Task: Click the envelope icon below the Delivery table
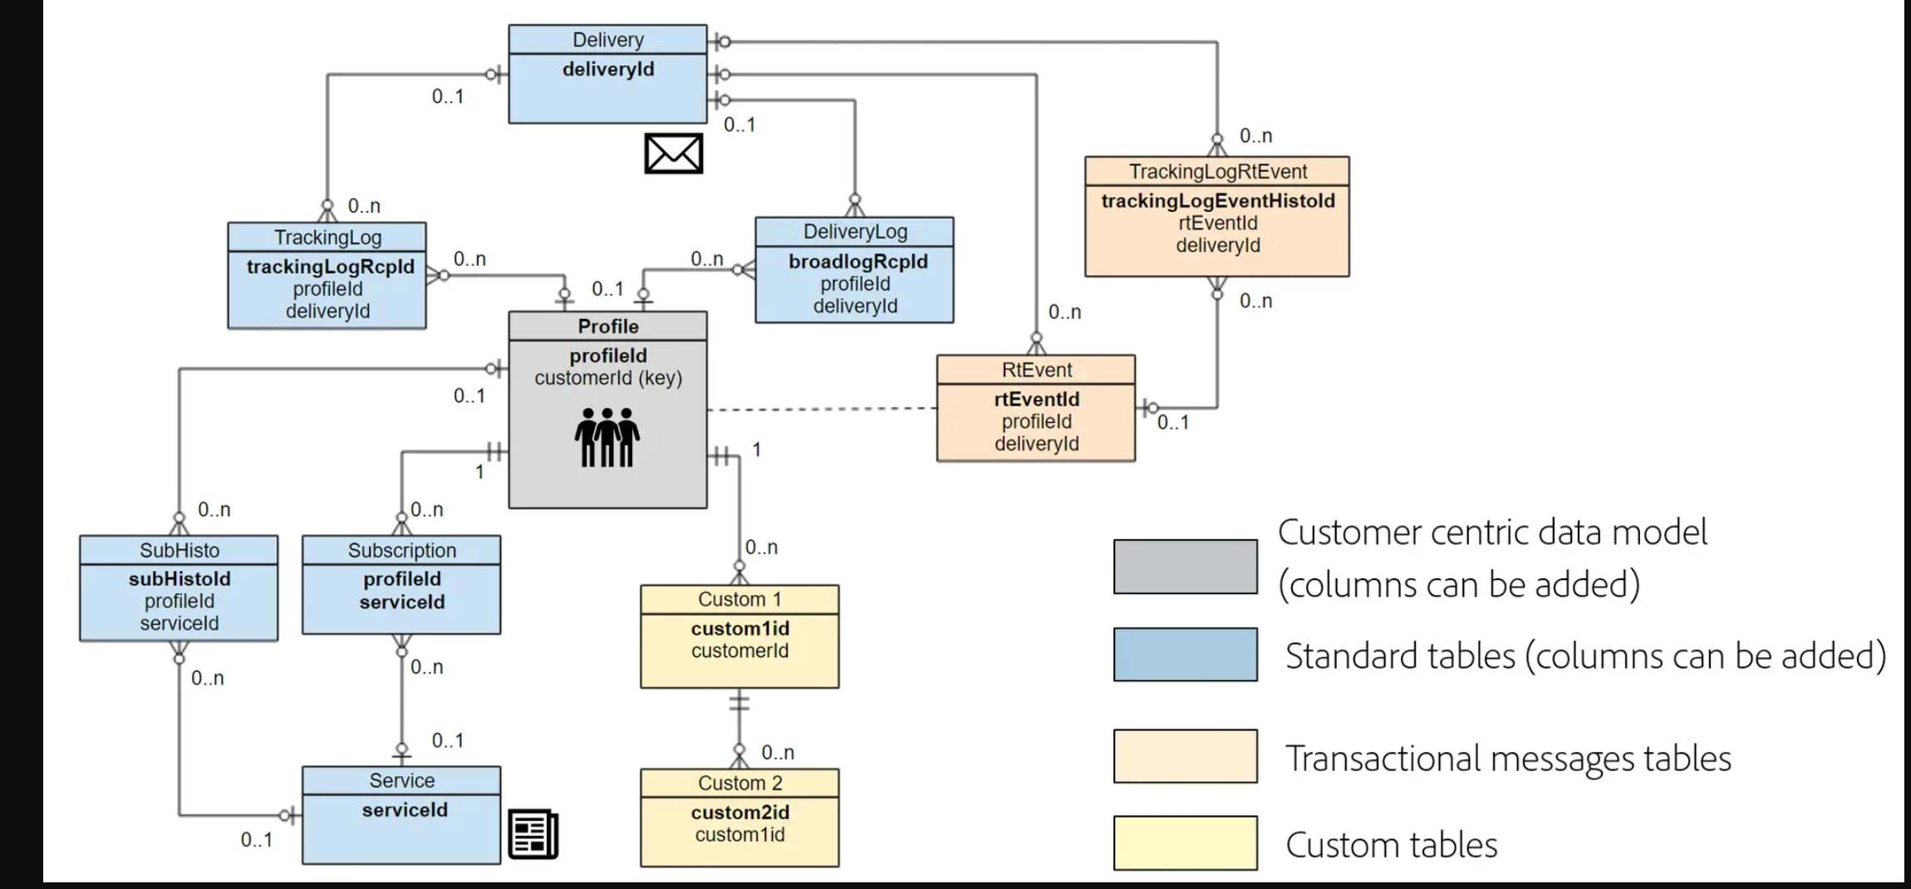(x=673, y=154)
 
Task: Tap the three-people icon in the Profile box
(x=607, y=437)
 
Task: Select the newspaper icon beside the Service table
(x=533, y=834)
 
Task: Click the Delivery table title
(x=608, y=40)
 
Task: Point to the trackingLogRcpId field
(x=330, y=267)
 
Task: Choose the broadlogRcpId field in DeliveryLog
(x=857, y=262)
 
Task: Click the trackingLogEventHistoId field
(x=1218, y=201)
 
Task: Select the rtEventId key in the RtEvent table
(x=1036, y=400)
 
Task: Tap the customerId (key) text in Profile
(x=608, y=378)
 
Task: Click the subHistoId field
(x=179, y=579)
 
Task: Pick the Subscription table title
(x=402, y=551)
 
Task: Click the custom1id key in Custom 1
(x=739, y=629)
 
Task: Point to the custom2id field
(x=739, y=813)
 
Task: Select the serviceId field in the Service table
(x=405, y=810)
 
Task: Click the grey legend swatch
(x=1185, y=567)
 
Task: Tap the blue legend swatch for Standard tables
(x=1185, y=655)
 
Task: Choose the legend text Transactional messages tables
(x=1508, y=759)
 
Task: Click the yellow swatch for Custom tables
(x=1185, y=843)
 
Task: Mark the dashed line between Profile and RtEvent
(x=822, y=409)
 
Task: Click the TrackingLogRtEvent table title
(x=1218, y=172)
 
